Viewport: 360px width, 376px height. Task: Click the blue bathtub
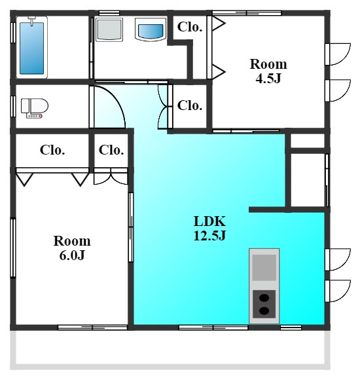(31, 48)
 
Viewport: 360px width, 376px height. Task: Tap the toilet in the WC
(35, 108)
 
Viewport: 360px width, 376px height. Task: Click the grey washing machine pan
(109, 29)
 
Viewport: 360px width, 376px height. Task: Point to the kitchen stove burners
(264, 304)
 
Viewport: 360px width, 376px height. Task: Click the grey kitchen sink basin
(264, 267)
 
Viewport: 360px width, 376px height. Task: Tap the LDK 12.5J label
(209, 228)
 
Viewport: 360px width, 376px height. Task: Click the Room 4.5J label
(268, 71)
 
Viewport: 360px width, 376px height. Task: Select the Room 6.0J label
(72, 248)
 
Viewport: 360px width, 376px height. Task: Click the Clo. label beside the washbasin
(190, 27)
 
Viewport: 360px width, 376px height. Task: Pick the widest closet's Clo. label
(52, 150)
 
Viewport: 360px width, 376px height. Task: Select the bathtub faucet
(32, 20)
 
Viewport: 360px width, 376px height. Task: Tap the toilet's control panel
(35, 117)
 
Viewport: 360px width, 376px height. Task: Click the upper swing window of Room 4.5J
(338, 54)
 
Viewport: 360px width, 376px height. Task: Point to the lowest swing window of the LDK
(338, 291)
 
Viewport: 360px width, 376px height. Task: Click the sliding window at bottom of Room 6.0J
(92, 328)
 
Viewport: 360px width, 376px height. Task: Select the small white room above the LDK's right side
(308, 141)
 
